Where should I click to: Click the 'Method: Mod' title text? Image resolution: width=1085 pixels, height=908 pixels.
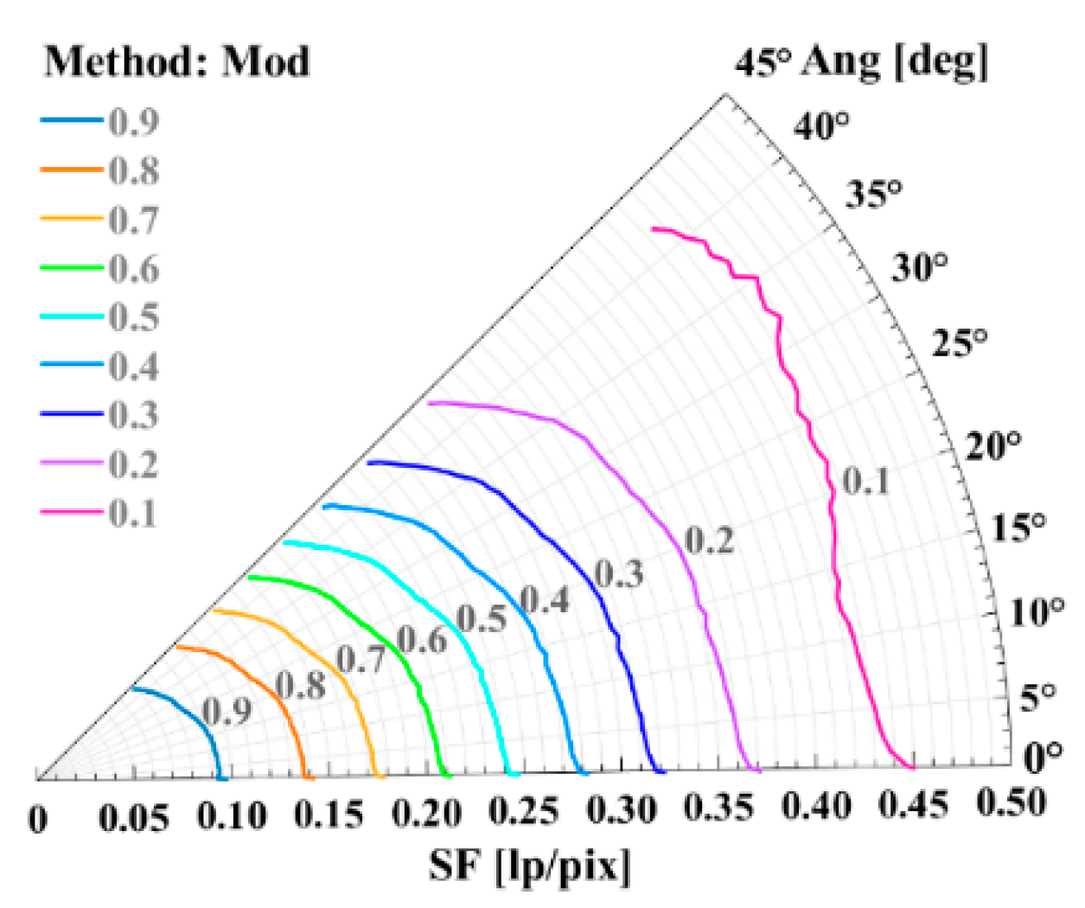[x=176, y=61]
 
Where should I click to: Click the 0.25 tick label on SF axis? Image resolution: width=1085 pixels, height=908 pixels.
[x=523, y=812]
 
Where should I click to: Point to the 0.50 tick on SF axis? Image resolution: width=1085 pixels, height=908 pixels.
[x=1012, y=803]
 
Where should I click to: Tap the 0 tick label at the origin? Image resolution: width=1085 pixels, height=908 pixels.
[x=38, y=819]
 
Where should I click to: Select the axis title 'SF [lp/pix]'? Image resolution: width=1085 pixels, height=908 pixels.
[x=530, y=866]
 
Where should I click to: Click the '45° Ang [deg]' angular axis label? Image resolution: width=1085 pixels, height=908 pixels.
[x=861, y=62]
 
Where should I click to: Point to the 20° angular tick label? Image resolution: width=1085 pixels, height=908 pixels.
[x=993, y=446]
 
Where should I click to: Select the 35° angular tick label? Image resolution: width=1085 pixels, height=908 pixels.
[x=873, y=193]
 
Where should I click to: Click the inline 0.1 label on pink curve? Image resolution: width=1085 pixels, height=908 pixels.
[x=866, y=481]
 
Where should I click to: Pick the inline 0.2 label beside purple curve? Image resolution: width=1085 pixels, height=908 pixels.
[x=709, y=540]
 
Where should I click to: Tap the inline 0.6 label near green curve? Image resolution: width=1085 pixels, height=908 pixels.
[x=422, y=640]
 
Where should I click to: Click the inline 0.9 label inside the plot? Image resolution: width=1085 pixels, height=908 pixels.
[x=227, y=711]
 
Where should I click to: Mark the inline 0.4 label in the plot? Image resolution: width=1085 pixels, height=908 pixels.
[x=545, y=599]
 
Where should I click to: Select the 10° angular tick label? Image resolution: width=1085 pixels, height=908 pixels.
[x=1037, y=612]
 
